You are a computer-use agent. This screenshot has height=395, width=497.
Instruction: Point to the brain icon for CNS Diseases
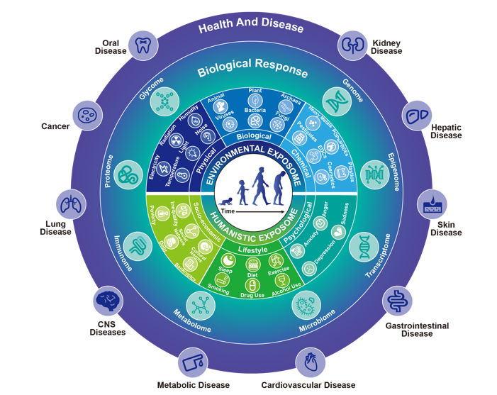108,301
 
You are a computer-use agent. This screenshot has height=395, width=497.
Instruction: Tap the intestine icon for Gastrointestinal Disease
397,301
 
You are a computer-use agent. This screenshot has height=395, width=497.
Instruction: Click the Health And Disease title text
250,28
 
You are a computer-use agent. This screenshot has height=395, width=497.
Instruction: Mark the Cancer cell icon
88,115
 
